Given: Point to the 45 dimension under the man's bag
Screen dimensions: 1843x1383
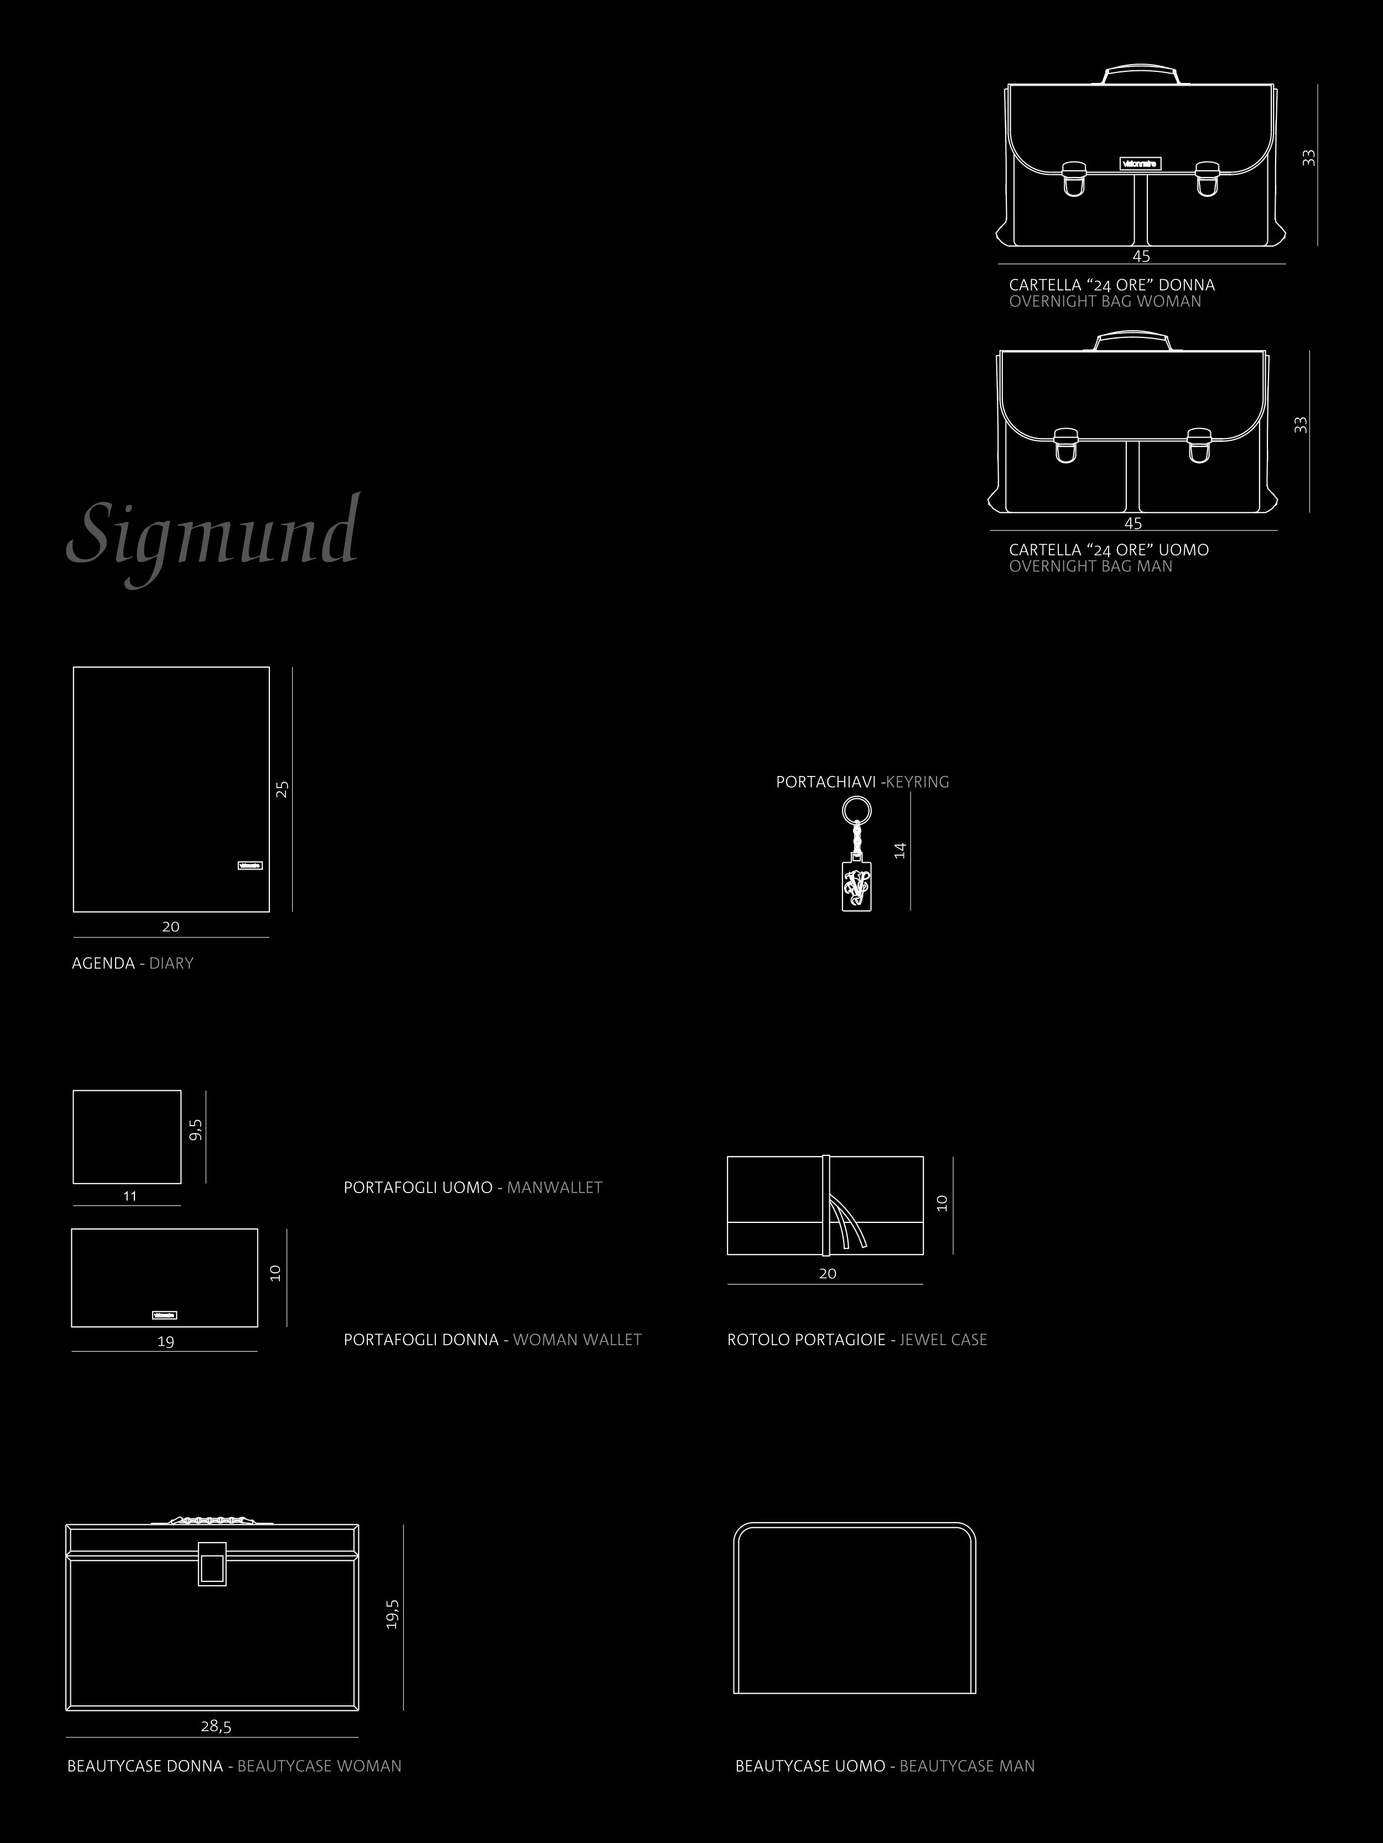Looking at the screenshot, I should (x=1133, y=523).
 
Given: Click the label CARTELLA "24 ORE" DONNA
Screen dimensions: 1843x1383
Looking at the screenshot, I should (x=1111, y=285).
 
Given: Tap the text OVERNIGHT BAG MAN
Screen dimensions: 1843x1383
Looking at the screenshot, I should (x=1090, y=566).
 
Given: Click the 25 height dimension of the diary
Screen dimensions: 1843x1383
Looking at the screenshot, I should (x=283, y=788).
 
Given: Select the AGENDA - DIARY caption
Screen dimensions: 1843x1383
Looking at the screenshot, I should (x=132, y=963).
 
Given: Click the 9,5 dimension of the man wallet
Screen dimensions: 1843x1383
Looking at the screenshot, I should (x=196, y=1130).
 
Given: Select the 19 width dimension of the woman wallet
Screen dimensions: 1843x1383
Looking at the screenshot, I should (x=166, y=1341).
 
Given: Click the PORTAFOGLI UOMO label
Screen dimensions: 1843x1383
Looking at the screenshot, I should (x=418, y=1188).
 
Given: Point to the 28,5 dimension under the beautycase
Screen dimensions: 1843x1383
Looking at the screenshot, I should (x=216, y=1726).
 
